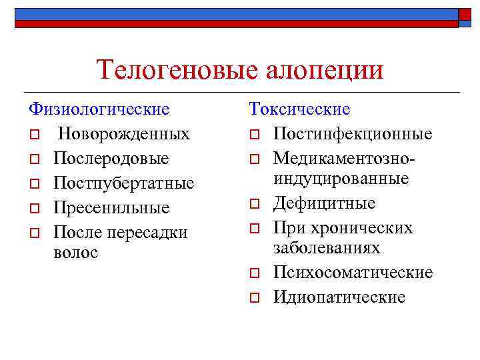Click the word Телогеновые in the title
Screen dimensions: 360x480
point(174,70)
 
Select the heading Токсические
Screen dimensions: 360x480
point(299,109)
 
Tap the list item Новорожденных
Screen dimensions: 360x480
point(123,134)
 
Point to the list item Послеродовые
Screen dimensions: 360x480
point(111,159)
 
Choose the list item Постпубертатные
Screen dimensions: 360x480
point(124,183)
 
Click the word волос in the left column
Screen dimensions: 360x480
point(75,252)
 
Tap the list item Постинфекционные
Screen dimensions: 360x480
point(353,134)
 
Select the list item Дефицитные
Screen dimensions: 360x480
point(325,203)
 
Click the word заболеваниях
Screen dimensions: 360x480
point(327,248)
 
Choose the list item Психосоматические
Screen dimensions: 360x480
point(353,273)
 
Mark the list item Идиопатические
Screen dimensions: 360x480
point(339,297)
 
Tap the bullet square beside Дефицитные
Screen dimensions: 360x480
point(254,203)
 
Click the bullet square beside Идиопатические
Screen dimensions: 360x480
point(254,297)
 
